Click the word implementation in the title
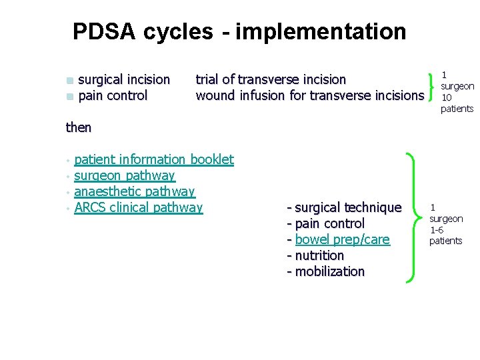point(321,31)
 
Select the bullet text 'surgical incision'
point(124,80)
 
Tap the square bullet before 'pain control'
point(70,97)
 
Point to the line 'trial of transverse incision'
point(271,80)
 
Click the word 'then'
point(79,127)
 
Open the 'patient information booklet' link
point(154,159)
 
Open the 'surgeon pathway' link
point(125,175)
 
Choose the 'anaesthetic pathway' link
point(135,191)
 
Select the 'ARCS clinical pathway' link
point(139,207)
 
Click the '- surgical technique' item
point(344,208)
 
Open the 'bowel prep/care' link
point(342,239)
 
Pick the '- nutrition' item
point(315,255)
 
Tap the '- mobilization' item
point(325,271)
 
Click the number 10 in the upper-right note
point(447,97)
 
